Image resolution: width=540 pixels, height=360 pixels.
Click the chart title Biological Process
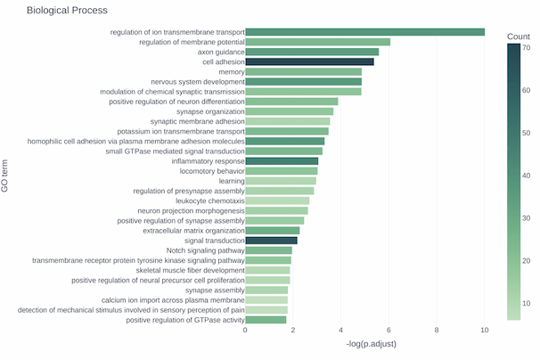[x=67, y=11]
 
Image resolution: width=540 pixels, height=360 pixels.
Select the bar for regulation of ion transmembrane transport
[x=364, y=32]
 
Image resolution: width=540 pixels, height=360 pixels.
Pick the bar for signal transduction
[x=271, y=241]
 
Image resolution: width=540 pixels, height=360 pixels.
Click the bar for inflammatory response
[x=282, y=161]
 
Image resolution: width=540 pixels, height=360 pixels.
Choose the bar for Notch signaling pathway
[x=268, y=250]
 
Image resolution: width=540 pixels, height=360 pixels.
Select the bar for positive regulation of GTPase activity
[x=266, y=320]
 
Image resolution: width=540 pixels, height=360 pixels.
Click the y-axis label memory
[x=231, y=71]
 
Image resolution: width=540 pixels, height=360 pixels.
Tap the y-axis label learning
[x=232, y=181]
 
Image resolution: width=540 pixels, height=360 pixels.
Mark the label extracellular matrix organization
[x=193, y=231]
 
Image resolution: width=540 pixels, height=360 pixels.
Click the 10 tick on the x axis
[x=485, y=331]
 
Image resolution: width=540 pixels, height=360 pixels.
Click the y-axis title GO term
[x=7, y=176]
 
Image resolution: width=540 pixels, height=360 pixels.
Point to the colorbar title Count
[x=519, y=36]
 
